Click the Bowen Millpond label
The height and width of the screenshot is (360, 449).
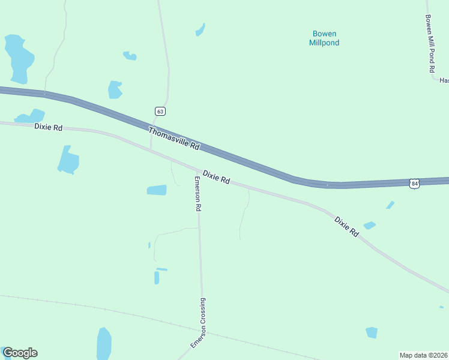click(324, 38)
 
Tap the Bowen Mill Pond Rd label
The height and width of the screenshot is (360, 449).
click(429, 44)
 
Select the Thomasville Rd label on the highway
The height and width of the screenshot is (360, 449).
click(173, 138)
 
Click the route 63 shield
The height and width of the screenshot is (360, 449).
click(159, 112)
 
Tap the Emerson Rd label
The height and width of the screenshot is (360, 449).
click(197, 193)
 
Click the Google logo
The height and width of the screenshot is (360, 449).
click(20, 353)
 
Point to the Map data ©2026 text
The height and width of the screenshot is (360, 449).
click(424, 355)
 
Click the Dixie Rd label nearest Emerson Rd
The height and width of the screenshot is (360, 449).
click(216, 177)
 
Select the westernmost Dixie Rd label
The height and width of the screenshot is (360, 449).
click(49, 127)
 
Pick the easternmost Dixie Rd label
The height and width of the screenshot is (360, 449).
click(346, 227)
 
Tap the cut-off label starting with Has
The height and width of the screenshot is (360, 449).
click(444, 80)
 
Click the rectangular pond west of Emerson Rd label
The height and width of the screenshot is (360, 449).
click(157, 190)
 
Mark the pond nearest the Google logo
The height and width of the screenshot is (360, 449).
click(104, 344)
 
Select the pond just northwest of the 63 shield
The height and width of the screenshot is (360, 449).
click(115, 90)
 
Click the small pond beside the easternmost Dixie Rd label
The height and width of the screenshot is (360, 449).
click(369, 226)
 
